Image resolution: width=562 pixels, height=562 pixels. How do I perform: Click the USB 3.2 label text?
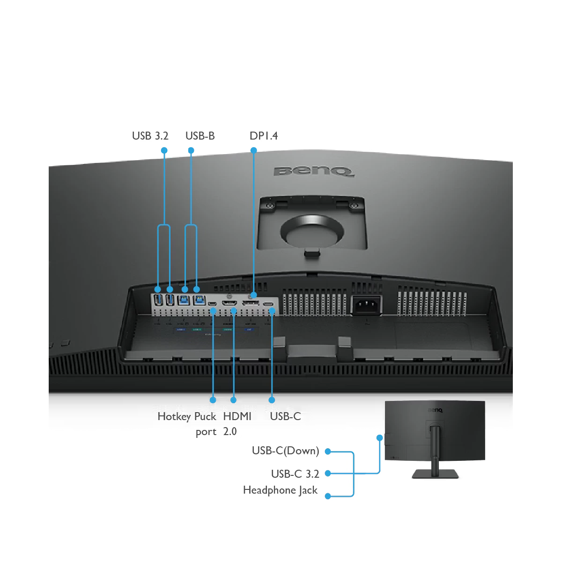click(x=150, y=136)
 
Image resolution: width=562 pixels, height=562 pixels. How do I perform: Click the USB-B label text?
click(x=200, y=136)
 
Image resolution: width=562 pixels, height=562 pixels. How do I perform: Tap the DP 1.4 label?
click(x=263, y=136)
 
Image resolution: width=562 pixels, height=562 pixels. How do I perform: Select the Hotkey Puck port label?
click(x=187, y=423)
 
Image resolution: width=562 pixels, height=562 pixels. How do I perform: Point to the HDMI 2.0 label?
click(x=237, y=423)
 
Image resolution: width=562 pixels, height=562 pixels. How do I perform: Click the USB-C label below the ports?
click(x=285, y=416)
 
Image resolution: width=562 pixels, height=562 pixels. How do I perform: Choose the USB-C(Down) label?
click(x=285, y=451)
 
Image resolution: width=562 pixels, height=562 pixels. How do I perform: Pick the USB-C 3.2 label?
click(x=295, y=473)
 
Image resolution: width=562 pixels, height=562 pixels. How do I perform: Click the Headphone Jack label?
click(x=281, y=490)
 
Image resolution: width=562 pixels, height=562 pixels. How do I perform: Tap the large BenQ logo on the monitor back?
click(x=313, y=171)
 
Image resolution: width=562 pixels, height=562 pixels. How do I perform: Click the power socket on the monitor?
click(x=366, y=306)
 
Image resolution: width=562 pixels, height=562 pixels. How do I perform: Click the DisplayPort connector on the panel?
click(x=251, y=306)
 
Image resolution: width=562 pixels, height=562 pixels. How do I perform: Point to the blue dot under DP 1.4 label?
click(x=253, y=150)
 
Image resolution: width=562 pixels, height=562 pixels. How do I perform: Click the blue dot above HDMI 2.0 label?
click(x=233, y=400)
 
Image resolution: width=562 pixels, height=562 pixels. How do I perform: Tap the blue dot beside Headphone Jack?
click(x=328, y=495)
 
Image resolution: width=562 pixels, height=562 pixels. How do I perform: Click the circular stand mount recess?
click(x=311, y=229)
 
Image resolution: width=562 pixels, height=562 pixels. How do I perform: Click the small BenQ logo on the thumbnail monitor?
click(x=435, y=411)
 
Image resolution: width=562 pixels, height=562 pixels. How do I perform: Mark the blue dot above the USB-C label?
click(x=272, y=400)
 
